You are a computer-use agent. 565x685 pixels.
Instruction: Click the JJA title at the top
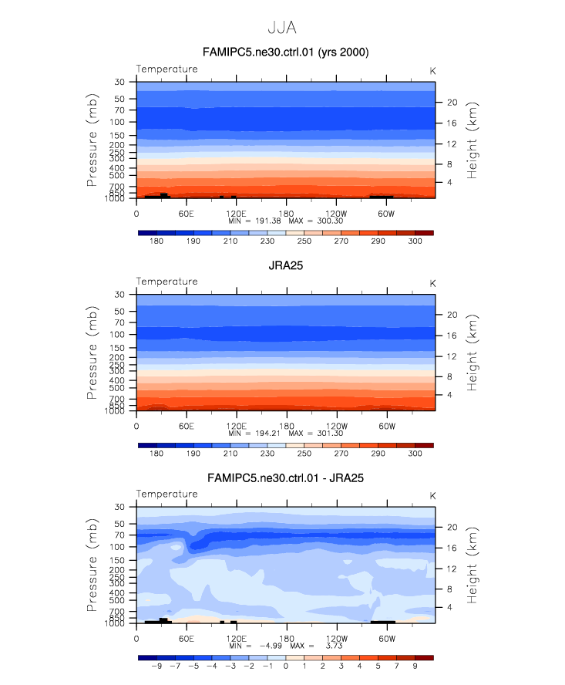pos(282,27)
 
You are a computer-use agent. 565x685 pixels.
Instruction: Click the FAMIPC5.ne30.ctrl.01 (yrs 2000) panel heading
pos(285,52)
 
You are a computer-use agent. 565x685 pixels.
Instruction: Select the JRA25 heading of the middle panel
pos(285,265)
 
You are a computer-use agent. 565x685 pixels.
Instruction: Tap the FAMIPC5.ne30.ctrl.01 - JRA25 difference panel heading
pos(285,478)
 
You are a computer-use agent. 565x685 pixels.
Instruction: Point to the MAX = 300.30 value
pos(315,221)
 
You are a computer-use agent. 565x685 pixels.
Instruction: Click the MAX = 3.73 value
pos(315,646)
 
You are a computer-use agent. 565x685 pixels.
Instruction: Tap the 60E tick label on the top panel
pos(186,213)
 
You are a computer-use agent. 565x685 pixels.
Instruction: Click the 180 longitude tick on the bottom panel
pos(285,639)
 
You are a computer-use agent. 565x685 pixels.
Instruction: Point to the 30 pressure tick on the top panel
pos(119,82)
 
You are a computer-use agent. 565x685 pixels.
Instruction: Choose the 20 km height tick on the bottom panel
pos(452,527)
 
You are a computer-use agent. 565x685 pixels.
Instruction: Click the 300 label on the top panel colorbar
pos(415,241)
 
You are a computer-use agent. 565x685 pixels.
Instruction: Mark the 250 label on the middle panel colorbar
pos(304,454)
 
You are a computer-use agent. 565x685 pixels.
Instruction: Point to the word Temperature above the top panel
pos(166,69)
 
